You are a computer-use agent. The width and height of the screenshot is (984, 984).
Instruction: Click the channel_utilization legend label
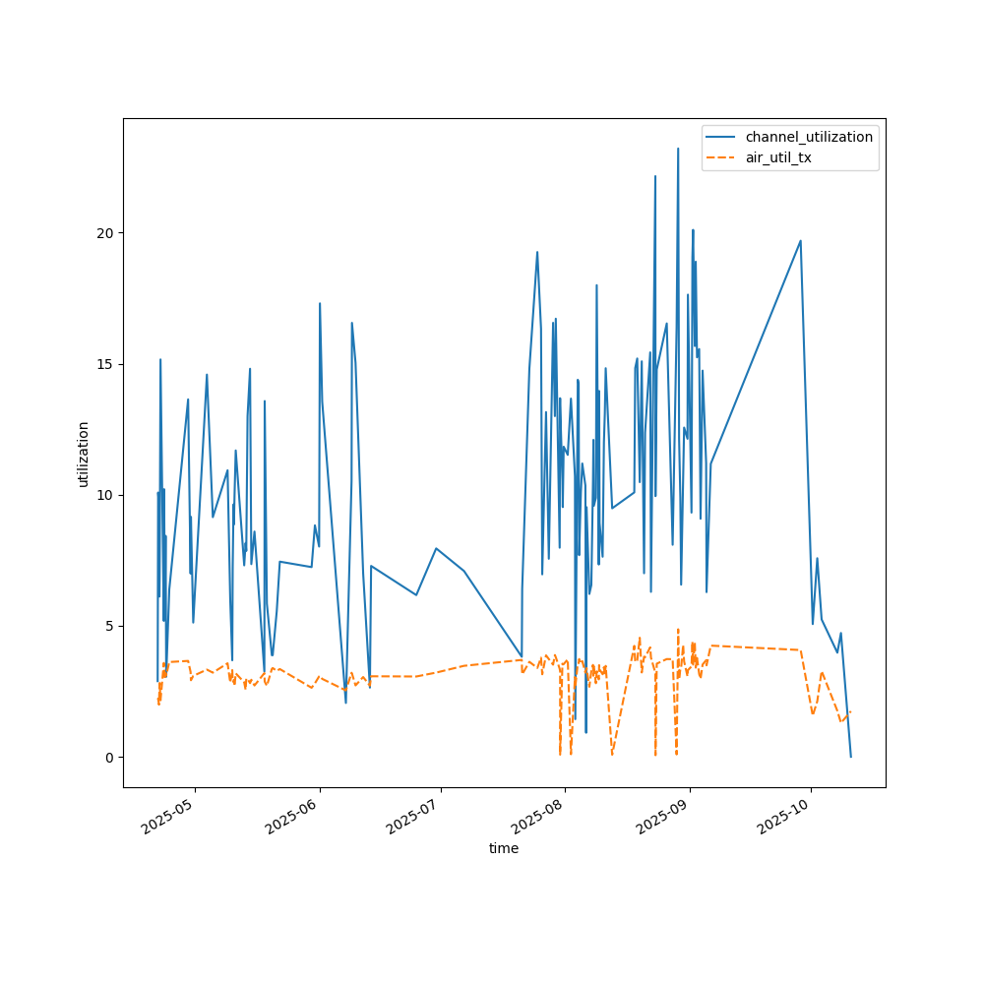(809, 137)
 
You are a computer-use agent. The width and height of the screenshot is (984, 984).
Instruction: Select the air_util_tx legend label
(778, 157)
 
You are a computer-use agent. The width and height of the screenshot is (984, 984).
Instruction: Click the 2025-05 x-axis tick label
(169, 816)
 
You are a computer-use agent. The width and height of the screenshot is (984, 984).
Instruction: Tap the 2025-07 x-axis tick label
(415, 816)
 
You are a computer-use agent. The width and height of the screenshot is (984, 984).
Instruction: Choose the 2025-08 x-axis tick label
(539, 816)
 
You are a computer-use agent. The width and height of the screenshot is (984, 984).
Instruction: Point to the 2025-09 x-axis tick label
(664, 816)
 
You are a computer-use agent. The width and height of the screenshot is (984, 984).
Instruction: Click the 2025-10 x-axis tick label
(785, 816)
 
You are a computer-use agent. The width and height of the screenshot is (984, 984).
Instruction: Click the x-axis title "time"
(504, 848)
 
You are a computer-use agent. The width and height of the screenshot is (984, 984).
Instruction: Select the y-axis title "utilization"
(84, 454)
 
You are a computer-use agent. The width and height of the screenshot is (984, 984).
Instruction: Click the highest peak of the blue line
(678, 149)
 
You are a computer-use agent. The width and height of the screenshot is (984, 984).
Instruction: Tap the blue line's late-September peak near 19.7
(800, 241)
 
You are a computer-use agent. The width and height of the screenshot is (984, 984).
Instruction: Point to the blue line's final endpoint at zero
(850, 757)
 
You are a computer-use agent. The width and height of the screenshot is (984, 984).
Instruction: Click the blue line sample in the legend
(722, 137)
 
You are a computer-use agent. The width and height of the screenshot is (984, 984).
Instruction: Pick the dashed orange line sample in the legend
(722, 157)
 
